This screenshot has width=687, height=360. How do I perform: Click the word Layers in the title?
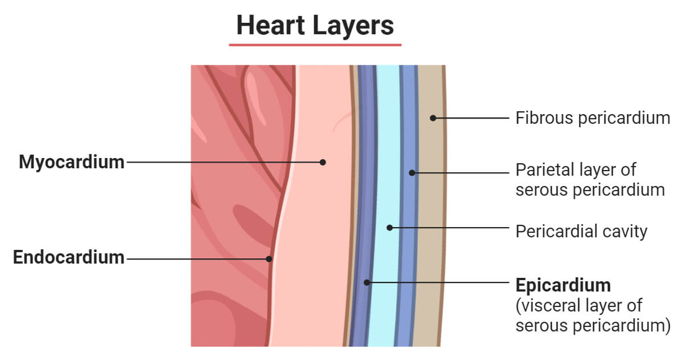click(x=354, y=25)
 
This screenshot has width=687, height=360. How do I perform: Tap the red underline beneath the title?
click(x=315, y=44)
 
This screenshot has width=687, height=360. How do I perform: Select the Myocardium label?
click(x=71, y=162)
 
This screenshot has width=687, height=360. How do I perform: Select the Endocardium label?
click(x=68, y=257)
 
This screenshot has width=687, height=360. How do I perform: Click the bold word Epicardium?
click(x=563, y=285)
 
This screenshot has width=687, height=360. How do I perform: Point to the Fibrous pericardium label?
click(x=592, y=118)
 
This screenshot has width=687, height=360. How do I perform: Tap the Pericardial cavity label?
click(x=581, y=231)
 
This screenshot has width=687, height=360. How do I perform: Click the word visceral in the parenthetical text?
click(x=550, y=305)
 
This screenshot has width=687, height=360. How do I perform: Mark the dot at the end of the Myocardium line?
click(x=323, y=162)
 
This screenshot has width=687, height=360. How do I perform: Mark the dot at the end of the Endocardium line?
click(x=269, y=258)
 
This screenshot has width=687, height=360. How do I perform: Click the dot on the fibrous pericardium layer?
click(x=433, y=118)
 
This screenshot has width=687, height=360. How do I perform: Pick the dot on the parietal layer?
click(x=412, y=172)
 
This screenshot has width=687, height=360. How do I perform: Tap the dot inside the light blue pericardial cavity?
click(x=390, y=227)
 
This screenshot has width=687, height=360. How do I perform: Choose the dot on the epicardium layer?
click(x=368, y=282)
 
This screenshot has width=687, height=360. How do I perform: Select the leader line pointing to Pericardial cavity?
click(x=450, y=227)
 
